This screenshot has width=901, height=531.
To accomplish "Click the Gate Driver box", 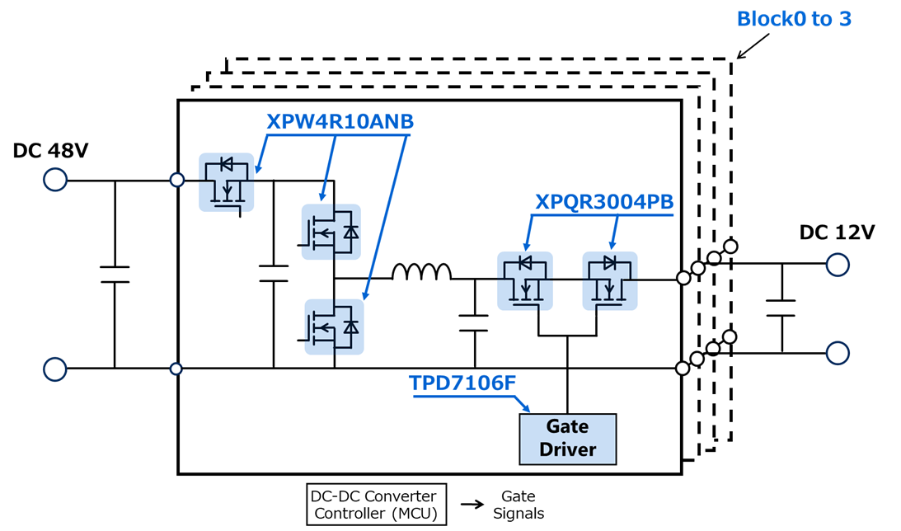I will (x=567, y=438).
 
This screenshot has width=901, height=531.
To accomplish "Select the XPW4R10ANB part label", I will (x=340, y=122).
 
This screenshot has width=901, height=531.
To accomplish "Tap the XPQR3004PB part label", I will (x=604, y=202).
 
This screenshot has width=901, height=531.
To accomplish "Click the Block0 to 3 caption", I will (x=793, y=19).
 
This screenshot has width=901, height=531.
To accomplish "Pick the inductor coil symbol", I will (x=421, y=273).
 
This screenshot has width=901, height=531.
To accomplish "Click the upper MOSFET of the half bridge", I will (x=331, y=232).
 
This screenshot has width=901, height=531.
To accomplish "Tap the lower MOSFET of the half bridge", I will (x=333, y=327).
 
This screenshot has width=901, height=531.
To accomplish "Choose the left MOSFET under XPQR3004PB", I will (x=524, y=280).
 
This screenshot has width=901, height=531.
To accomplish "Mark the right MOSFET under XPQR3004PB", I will (x=611, y=280).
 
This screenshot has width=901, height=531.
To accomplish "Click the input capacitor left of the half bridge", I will (x=274, y=274).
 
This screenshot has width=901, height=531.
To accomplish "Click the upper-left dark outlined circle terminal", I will (x=55, y=180).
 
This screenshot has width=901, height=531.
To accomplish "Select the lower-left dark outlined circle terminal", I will (x=55, y=369).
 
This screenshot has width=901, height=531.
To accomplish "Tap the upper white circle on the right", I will (x=838, y=265).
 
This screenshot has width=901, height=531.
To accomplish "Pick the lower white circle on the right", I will (x=838, y=353).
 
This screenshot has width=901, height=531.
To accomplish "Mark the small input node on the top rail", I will (x=176, y=180).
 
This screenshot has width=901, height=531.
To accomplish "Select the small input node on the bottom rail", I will (x=176, y=369).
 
